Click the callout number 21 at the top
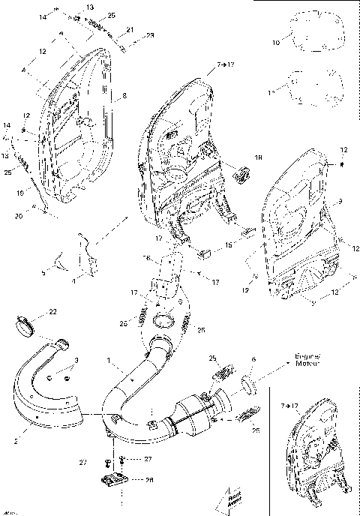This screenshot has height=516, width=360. click(129, 29)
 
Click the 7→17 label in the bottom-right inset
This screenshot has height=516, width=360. click(288, 405)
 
